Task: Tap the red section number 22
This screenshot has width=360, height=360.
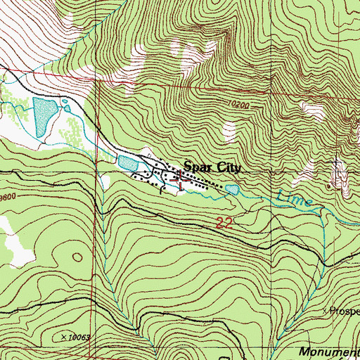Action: (x=224, y=223)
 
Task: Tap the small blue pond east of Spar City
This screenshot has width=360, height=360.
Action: (x=232, y=188)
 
